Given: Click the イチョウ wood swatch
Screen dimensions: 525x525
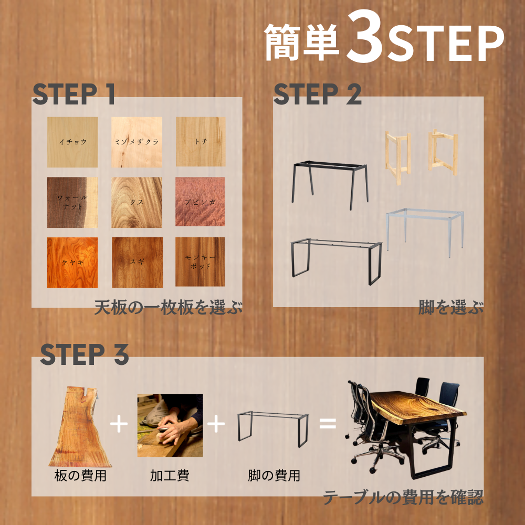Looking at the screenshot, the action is pyautogui.click(x=72, y=142).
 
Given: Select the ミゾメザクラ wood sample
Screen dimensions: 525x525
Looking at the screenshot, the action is pyautogui.click(x=136, y=142).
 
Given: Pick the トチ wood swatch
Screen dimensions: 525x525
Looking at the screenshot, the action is pyautogui.click(x=200, y=142).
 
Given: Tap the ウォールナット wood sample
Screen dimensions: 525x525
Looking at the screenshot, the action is pyautogui.click(x=72, y=202).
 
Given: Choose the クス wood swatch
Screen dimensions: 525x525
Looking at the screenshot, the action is pyautogui.click(x=136, y=202).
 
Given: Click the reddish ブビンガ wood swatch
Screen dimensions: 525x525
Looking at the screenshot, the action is pyautogui.click(x=200, y=202).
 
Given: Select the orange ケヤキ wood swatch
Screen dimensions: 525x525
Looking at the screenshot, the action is pyautogui.click(x=72, y=262).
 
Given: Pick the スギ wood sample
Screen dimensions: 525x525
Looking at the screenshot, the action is pyautogui.click(x=137, y=262).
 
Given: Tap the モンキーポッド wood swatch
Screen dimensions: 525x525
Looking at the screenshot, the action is pyautogui.click(x=200, y=262).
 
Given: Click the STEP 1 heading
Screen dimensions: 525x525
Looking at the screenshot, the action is pyautogui.click(x=73, y=94).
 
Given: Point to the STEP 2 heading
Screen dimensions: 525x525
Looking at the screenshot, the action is pyautogui.click(x=317, y=94).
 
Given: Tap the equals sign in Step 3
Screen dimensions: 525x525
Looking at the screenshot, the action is pyautogui.click(x=328, y=423).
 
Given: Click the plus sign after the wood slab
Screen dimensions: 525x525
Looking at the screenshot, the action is pyautogui.click(x=119, y=424).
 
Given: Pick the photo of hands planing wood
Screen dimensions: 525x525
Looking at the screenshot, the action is pyautogui.click(x=170, y=425).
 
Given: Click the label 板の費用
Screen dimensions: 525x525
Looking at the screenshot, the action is pyautogui.click(x=80, y=476).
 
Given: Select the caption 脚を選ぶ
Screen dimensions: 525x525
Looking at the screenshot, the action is pyautogui.click(x=450, y=307).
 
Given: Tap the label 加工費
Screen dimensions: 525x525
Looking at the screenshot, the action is pyautogui.click(x=170, y=476).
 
